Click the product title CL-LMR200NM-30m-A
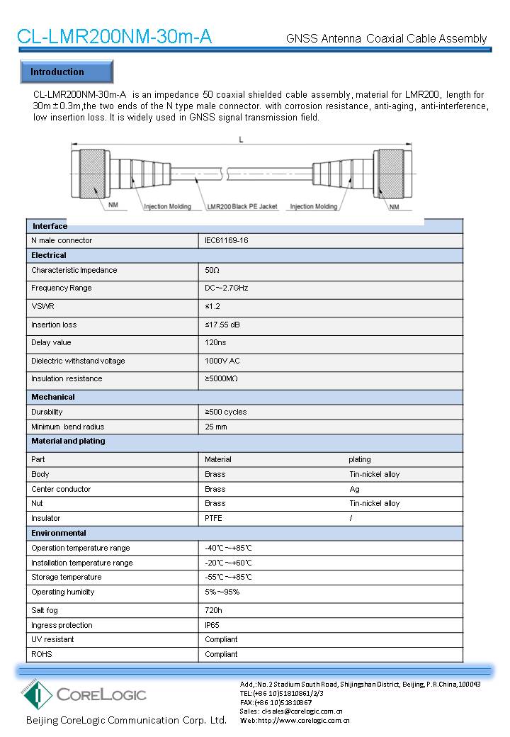click(x=114, y=37)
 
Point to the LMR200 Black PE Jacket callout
click(x=242, y=207)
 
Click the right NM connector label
click(x=395, y=207)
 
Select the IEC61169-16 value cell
click(x=227, y=240)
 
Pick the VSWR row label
click(x=42, y=306)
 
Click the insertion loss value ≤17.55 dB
click(x=223, y=325)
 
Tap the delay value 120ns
click(x=215, y=342)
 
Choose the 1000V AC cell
click(x=222, y=361)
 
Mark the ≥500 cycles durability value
click(x=225, y=412)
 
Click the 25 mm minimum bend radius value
click(x=216, y=427)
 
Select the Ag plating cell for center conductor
click(x=354, y=489)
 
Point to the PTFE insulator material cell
click(x=213, y=518)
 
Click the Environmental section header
click(x=59, y=533)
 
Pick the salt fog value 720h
click(x=213, y=609)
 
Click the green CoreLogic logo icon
click(x=35, y=694)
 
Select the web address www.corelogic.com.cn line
click(x=295, y=720)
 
